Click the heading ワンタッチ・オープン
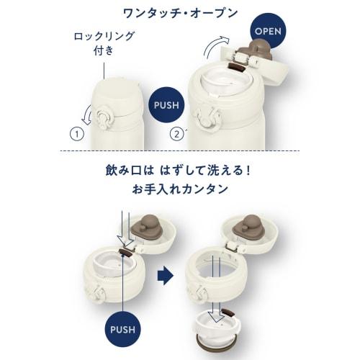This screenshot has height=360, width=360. [180, 14]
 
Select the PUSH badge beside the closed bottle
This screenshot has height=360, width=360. [167, 104]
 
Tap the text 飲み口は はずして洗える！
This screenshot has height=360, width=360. [180, 173]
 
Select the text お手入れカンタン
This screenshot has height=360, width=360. [180, 191]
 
